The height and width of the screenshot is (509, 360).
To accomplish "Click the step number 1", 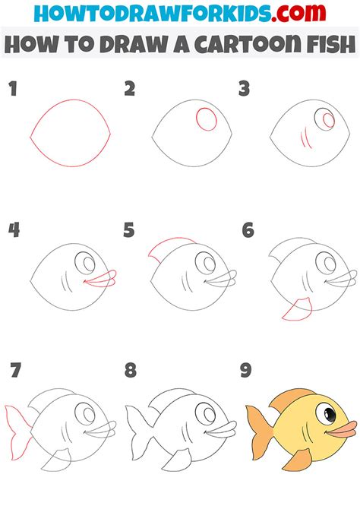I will [12, 90].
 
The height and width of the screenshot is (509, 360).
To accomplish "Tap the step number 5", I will [129, 229].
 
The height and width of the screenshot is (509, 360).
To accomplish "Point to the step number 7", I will [15, 370].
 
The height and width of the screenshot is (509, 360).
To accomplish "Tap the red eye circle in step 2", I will [205, 119].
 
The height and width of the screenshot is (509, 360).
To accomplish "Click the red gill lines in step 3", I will [305, 137].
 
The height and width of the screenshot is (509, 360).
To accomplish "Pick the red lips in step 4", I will [99, 280].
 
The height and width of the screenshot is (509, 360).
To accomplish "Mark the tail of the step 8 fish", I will [136, 428].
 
